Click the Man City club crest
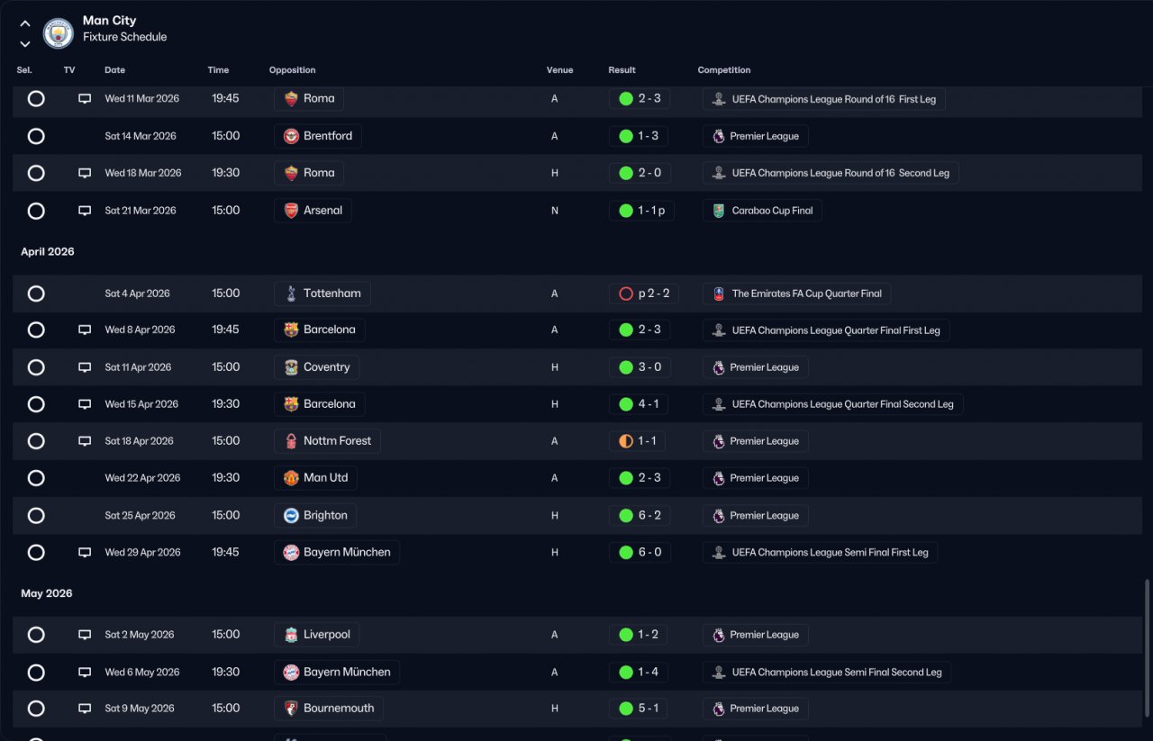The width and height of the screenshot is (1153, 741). pos(59,33)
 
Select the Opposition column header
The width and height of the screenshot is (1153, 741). pos(292,70)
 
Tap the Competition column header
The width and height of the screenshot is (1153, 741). pos(723,70)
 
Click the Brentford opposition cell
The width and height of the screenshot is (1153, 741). pos(318,136)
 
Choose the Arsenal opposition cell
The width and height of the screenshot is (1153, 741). pos(313,211)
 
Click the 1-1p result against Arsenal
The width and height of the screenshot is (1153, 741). pos(641,211)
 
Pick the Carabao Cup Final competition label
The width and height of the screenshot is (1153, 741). pos(762,211)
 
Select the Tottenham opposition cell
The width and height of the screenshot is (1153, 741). pos(322,294)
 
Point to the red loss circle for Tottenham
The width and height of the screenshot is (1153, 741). pos(626,294)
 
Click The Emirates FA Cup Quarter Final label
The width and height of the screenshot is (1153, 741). pos(796,294)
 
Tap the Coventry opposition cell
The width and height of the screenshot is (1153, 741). pos(316,367)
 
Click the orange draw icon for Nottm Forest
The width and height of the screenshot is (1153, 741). pos(626,441)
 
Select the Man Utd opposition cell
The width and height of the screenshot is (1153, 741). pos(315,478)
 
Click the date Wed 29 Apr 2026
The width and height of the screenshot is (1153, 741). pos(142,553)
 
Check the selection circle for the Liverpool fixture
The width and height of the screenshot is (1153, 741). pos(36,635)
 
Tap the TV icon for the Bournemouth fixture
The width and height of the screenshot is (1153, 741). pos(85,709)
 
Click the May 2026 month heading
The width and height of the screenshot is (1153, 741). pos(46,593)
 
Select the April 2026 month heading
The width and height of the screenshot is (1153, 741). pos(48,251)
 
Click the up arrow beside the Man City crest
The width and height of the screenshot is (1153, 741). pos(24,23)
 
